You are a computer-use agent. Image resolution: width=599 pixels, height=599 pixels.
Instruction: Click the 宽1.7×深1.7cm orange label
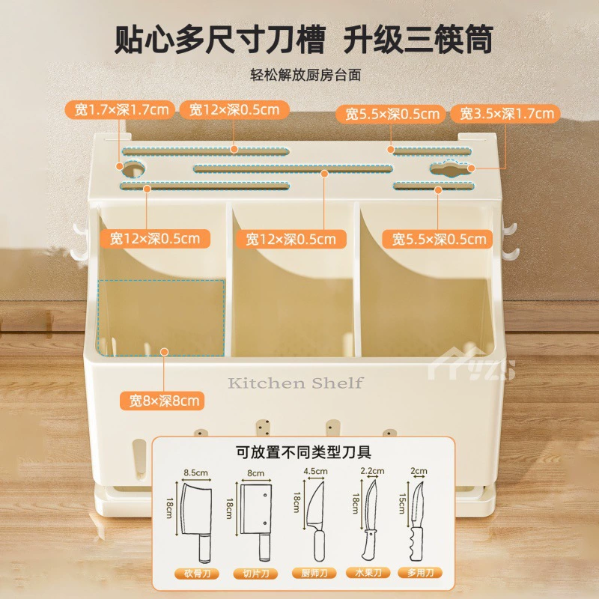(x=120, y=110)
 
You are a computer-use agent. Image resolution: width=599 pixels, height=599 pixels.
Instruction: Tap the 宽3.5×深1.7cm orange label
(x=505, y=114)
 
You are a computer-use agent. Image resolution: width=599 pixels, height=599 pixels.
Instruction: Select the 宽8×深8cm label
(x=162, y=401)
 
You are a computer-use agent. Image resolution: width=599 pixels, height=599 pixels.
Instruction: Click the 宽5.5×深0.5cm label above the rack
(x=391, y=114)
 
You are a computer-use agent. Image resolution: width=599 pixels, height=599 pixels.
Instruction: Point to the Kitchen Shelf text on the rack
(x=295, y=383)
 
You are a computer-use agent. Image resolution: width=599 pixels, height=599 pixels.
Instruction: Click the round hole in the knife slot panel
(x=133, y=168)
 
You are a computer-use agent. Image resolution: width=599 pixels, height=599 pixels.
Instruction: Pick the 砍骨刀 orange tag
(x=197, y=573)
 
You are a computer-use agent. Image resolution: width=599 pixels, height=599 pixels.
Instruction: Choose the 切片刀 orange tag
(x=255, y=573)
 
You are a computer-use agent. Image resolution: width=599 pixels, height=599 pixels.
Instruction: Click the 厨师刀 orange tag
(x=314, y=573)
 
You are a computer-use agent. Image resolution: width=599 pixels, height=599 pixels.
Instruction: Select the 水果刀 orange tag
(x=368, y=572)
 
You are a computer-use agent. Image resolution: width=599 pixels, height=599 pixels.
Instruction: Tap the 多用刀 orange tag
(x=420, y=572)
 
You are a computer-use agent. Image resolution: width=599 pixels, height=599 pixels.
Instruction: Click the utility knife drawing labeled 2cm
(x=417, y=521)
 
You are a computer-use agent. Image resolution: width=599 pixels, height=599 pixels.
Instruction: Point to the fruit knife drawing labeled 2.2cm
(x=370, y=520)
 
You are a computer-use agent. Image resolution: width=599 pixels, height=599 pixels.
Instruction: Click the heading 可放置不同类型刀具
(x=304, y=452)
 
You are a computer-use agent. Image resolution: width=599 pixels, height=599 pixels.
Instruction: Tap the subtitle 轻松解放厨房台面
(x=305, y=75)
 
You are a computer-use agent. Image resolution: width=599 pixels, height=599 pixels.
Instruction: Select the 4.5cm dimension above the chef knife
(x=315, y=471)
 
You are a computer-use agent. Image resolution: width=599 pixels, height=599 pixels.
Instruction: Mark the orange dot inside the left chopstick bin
(x=164, y=352)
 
